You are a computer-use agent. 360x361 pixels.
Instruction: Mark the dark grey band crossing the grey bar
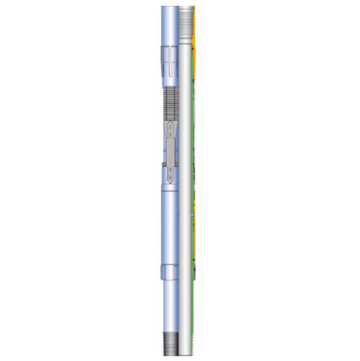coord(171,167)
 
